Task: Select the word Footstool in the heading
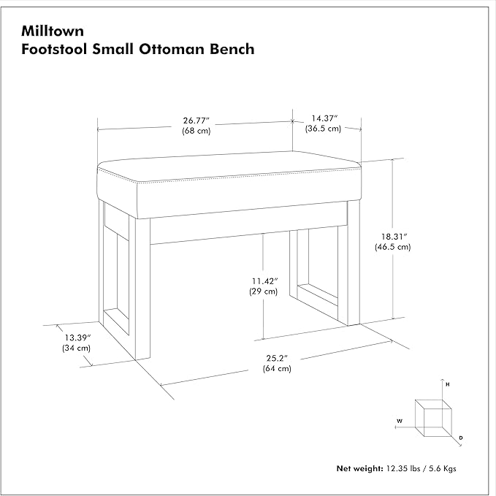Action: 54,49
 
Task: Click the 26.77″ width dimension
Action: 196,121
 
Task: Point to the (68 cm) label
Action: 196,130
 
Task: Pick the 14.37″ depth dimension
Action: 324,118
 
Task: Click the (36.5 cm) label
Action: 323,129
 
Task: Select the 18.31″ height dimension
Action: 394,236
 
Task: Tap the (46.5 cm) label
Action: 392,247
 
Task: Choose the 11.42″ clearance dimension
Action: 264,281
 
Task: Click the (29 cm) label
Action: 264,291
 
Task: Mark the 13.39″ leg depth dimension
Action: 78,337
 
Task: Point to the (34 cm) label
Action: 76,348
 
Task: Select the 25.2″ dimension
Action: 277,358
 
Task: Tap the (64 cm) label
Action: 277,368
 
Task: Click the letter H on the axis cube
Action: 448,385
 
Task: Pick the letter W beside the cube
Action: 400,421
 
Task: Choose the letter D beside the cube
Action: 461,438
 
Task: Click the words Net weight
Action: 359,468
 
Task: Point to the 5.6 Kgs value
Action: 443,468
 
